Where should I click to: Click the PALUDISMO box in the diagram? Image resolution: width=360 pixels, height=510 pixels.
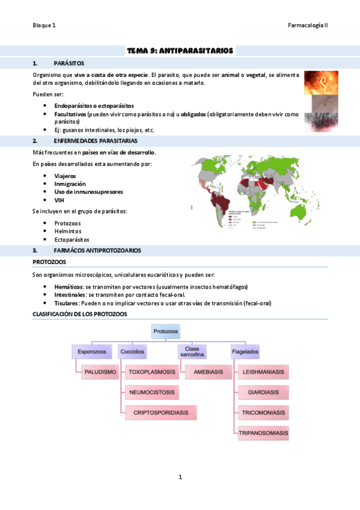click(x=100, y=372)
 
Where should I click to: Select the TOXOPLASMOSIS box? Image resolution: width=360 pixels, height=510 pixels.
click(x=152, y=372)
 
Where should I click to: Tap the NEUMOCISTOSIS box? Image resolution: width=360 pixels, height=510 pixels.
click(x=152, y=393)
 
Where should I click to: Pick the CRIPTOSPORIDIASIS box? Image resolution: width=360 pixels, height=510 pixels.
click(x=160, y=413)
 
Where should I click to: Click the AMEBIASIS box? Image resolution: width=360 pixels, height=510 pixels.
click(x=208, y=372)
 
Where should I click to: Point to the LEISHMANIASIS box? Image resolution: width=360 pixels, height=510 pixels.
click(x=263, y=372)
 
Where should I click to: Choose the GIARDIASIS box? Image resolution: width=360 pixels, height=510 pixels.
click(x=263, y=393)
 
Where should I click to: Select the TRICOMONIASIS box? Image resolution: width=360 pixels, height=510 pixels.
click(x=263, y=413)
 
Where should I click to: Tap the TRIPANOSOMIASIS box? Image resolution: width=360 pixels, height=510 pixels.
click(x=263, y=433)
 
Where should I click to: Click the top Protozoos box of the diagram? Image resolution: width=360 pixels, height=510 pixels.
click(x=166, y=331)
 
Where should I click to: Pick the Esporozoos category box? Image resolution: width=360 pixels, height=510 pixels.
click(x=91, y=351)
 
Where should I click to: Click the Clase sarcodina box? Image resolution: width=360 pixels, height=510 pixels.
click(x=192, y=351)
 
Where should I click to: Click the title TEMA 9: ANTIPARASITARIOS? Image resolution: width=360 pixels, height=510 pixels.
click(x=180, y=51)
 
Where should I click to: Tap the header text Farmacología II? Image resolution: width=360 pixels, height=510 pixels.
click(x=308, y=25)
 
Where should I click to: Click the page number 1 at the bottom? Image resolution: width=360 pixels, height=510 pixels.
click(x=180, y=478)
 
